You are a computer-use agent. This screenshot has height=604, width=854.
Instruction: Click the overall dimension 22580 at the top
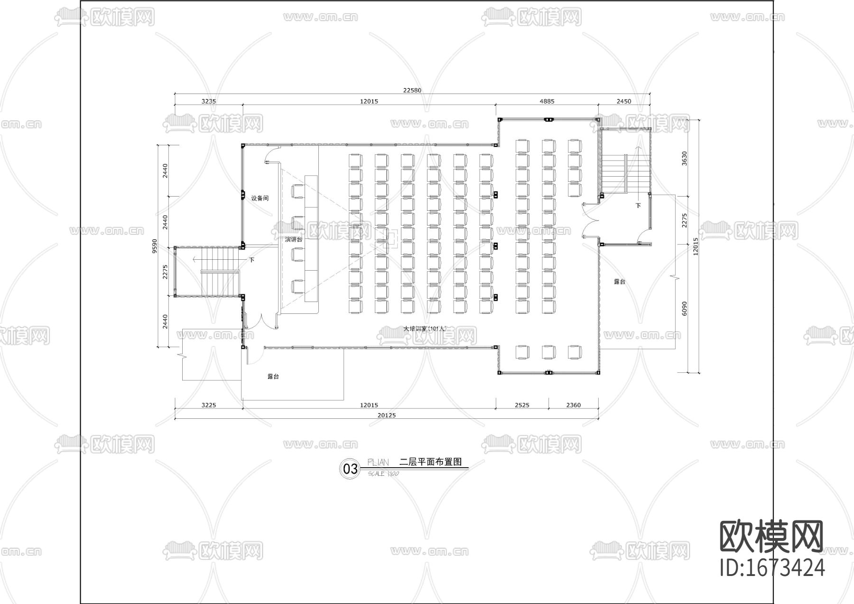(412, 90)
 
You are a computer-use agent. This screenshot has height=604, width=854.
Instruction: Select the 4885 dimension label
(547, 101)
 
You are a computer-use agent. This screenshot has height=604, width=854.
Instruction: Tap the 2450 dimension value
(623, 101)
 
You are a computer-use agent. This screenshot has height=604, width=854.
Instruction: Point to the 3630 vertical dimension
(684, 158)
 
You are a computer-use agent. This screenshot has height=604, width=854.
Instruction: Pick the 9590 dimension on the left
(154, 246)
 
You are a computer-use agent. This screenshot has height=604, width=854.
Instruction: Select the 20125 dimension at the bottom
(386, 415)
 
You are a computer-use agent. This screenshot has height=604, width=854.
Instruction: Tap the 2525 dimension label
(521, 405)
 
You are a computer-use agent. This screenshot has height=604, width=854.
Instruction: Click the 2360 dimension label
(573, 405)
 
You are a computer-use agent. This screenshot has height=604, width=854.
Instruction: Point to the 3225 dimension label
(208, 405)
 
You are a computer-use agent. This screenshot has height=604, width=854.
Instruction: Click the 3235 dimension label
(209, 101)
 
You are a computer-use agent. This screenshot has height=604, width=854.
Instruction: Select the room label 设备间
(260, 198)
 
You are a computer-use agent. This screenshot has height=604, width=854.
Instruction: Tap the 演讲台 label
(294, 239)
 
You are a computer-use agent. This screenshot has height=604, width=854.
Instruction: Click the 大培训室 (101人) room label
(425, 328)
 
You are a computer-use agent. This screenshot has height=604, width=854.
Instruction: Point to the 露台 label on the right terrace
(620, 282)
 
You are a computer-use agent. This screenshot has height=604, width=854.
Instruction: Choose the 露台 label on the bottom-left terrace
(273, 377)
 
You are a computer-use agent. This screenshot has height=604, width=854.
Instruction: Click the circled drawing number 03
(350, 469)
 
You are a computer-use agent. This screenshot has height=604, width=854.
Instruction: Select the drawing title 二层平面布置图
(431, 462)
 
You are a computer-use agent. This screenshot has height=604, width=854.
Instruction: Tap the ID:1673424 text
(772, 567)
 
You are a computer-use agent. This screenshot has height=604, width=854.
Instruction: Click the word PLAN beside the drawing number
(378, 462)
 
